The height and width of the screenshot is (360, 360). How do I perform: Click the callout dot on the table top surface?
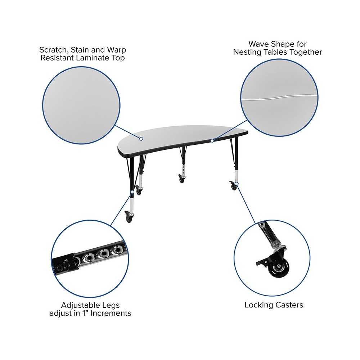coord(141,139)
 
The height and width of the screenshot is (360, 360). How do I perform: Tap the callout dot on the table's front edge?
coord(212,140)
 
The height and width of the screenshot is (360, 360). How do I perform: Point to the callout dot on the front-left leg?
coord(132,192)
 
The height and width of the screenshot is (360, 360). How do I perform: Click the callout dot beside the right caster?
coord(237,184)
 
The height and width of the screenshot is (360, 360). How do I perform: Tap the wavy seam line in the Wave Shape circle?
coord(279,97)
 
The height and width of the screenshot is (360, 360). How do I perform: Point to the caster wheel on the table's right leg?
coord(234,186)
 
